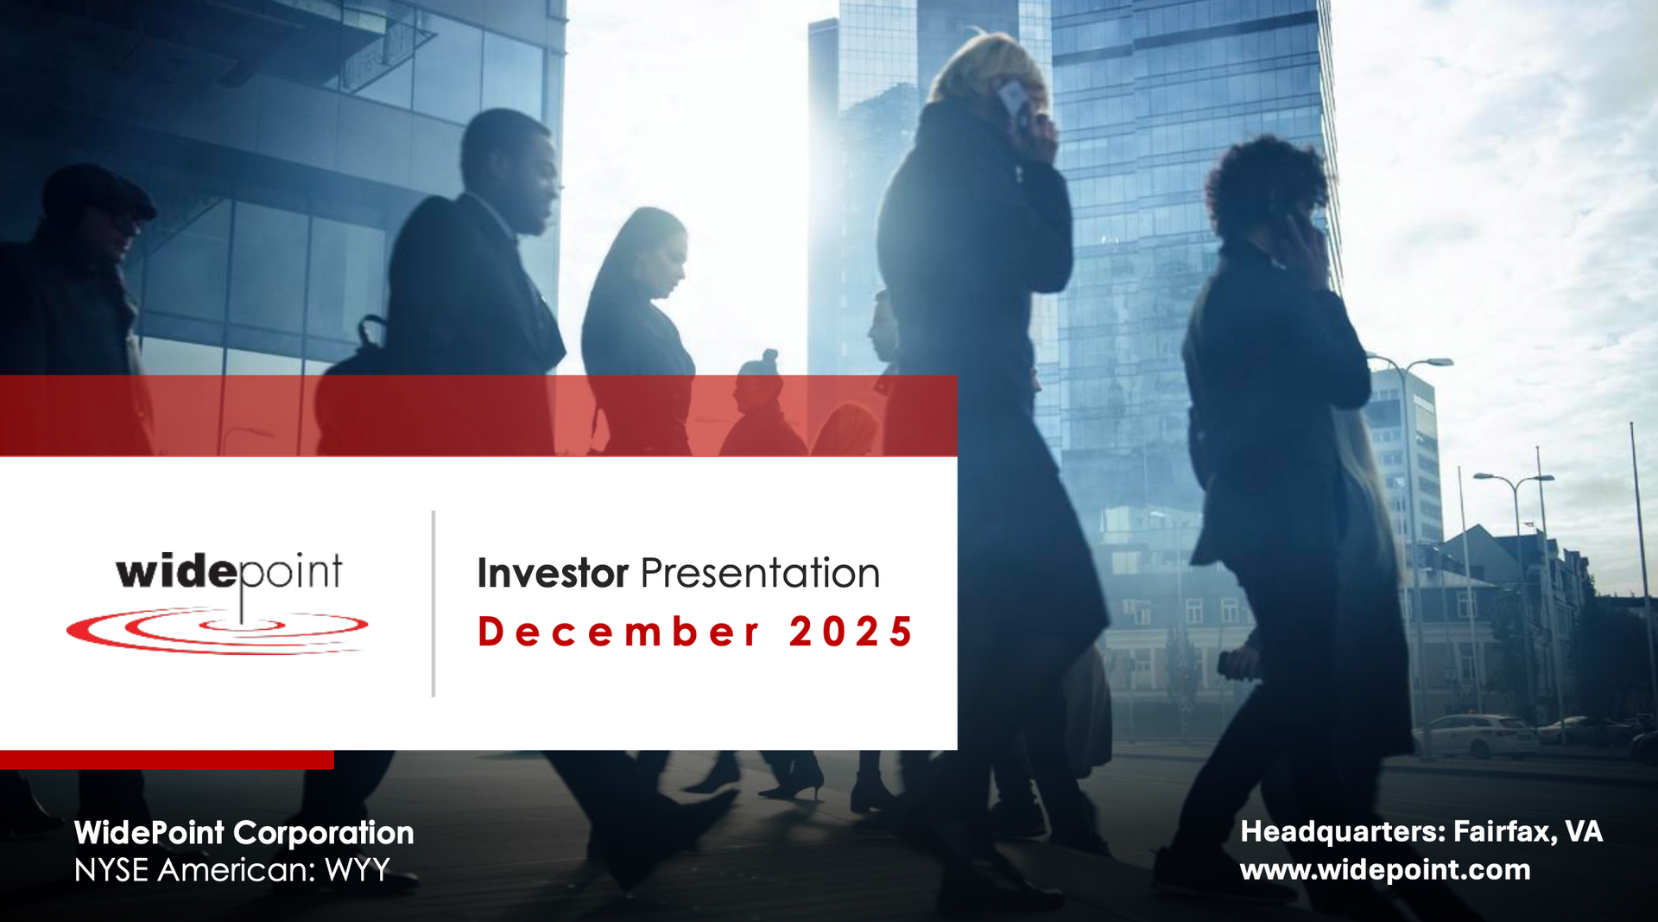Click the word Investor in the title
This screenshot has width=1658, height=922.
click(x=553, y=574)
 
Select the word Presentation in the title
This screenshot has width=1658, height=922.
click(x=760, y=574)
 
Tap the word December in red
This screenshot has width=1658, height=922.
click(x=618, y=632)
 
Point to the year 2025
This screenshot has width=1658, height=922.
click(x=851, y=632)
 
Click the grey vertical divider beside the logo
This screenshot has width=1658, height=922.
click(x=433, y=603)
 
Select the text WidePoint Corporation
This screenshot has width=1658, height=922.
click(x=244, y=833)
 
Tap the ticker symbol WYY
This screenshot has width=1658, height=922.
click(x=358, y=870)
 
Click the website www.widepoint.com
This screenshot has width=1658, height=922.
click(x=1385, y=869)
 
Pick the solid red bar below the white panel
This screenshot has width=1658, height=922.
click(x=167, y=760)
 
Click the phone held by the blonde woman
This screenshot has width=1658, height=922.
click(x=1012, y=98)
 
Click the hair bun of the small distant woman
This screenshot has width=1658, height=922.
click(x=769, y=356)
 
